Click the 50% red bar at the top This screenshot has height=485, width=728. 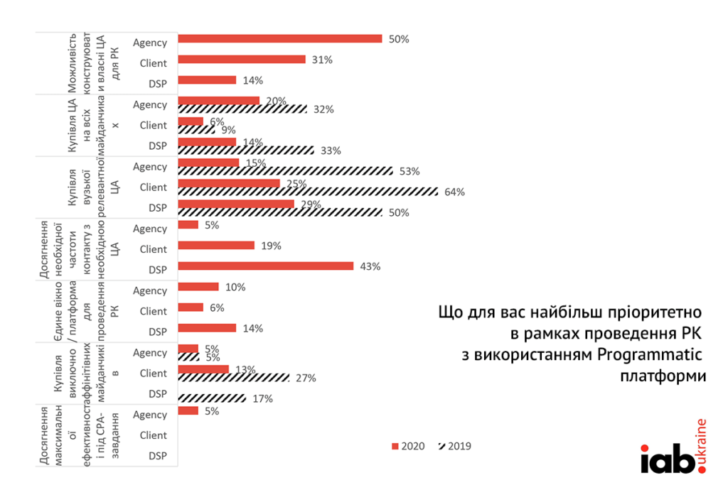point(279,39)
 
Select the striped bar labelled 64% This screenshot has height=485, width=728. point(308,192)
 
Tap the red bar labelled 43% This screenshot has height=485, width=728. point(265,266)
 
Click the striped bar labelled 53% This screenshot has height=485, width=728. point(284,171)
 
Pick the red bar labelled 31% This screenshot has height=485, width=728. point(241,60)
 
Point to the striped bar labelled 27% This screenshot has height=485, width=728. point(233,378)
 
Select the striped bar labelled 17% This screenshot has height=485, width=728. point(212,398)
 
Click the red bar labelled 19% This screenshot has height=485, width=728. point(215,246)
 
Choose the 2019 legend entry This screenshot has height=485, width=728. point(455,447)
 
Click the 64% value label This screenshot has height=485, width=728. point(454,192)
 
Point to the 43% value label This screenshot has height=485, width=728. point(370,266)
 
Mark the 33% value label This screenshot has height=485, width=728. point(331,151)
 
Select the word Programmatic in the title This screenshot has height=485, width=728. point(651,354)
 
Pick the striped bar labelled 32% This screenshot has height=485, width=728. point(242,109)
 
